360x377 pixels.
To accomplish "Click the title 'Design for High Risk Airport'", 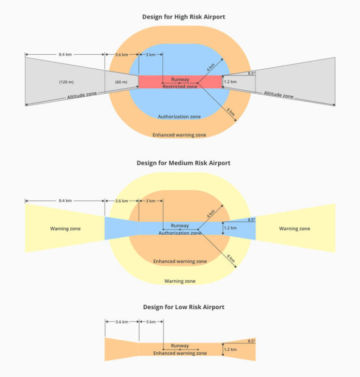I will (184, 17).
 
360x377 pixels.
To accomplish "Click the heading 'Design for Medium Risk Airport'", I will (183, 163).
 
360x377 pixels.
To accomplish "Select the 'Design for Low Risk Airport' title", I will (184, 307).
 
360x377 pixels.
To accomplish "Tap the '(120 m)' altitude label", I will (67, 82).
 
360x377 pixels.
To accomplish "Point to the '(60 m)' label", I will (121, 82).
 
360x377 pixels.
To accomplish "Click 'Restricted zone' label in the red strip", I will (180, 86).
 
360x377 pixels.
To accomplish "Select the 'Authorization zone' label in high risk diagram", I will (179, 117).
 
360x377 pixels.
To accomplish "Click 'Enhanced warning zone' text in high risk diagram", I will (179, 135).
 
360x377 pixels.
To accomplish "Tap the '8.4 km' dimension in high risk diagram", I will (65, 54).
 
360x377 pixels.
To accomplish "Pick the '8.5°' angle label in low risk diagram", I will (251, 341).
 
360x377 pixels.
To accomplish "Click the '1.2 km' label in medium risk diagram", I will (230, 228).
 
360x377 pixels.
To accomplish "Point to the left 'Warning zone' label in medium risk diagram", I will (65, 228).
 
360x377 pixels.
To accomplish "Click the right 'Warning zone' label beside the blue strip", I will (294, 228).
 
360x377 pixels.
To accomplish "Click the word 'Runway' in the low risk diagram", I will (180, 346).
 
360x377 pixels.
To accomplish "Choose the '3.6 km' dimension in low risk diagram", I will (122, 322).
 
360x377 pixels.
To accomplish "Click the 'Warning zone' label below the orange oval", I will (179, 281).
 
